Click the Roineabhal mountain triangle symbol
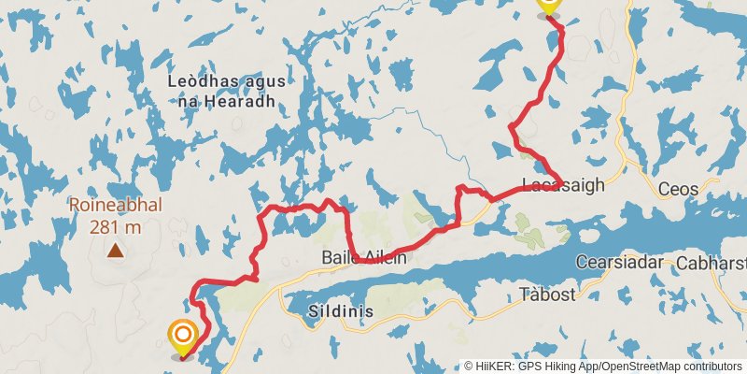(115, 250)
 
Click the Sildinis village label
(341, 311)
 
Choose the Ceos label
(678, 189)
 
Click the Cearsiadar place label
(619, 263)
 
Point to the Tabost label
(547, 295)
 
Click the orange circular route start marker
(182, 335)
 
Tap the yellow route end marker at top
(548, 5)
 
